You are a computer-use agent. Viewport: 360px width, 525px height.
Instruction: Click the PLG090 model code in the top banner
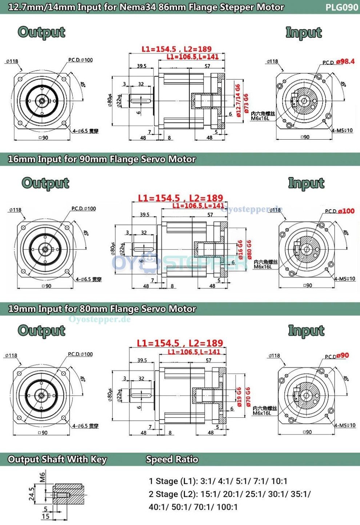[341, 7]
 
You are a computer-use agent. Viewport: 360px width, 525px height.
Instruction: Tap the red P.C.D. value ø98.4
[345, 61]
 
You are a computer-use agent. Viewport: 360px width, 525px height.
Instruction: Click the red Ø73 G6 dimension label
[246, 103]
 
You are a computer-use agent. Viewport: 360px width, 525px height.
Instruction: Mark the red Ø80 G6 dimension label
[249, 249]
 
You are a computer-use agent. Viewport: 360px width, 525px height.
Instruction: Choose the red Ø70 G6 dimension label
[248, 396]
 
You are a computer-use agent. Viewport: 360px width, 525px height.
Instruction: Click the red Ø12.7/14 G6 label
[238, 100]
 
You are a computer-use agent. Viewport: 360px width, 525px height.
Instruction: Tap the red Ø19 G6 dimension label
[239, 397]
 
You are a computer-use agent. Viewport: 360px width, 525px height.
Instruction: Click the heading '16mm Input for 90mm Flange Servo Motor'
[102, 159]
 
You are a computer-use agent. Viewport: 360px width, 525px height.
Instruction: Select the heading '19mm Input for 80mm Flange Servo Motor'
[102, 309]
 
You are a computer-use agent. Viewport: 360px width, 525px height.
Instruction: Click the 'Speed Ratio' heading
[172, 459]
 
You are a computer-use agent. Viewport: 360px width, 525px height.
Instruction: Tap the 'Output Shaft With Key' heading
[57, 459]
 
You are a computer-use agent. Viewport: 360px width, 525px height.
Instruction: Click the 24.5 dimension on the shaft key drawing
[32, 494]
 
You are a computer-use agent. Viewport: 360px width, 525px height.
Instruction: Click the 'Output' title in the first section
[41, 32]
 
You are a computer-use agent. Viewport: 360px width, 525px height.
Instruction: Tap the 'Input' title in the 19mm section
[306, 330]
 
